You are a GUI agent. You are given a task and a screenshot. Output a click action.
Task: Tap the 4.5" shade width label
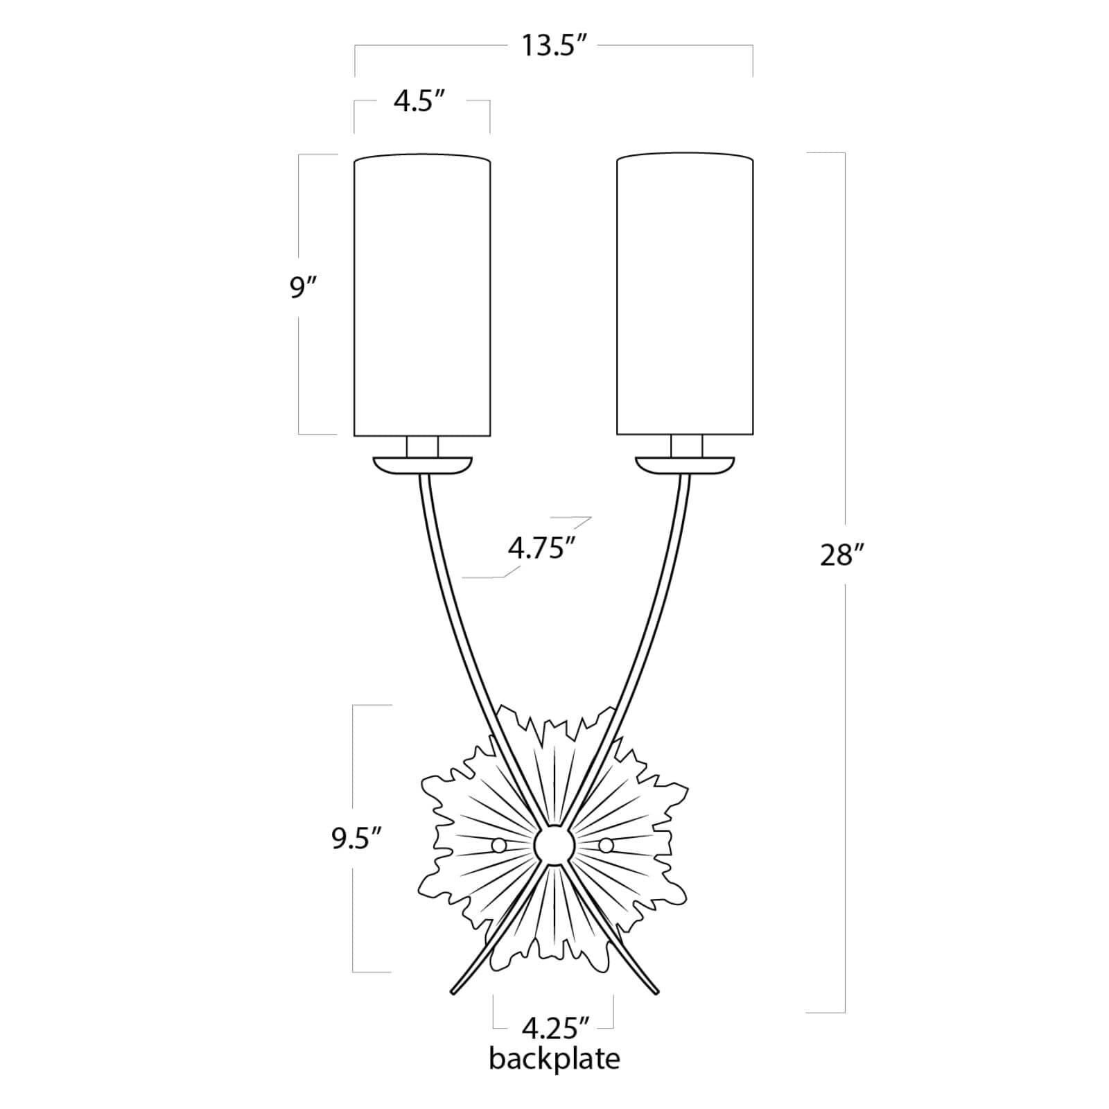(x=419, y=102)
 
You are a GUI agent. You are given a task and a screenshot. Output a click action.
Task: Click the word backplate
(x=554, y=1060)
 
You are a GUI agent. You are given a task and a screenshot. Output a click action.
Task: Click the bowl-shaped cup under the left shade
(x=422, y=465)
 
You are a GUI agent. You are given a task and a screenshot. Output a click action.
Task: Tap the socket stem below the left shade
(x=422, y=446)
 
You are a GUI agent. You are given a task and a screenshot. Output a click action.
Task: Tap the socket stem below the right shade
(x=686, y=446)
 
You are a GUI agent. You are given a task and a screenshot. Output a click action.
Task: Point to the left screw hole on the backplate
(x=498, y=845)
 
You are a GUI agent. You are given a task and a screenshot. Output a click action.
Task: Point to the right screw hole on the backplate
(x=606, y=845)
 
